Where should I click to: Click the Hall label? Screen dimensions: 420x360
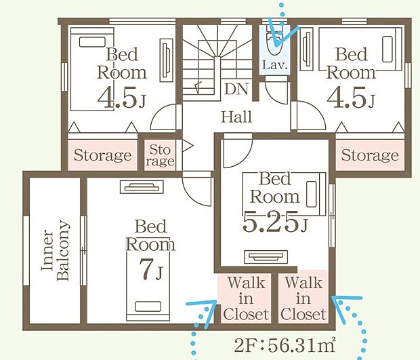tap(236, 117)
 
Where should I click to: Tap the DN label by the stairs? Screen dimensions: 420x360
tap(236, 89)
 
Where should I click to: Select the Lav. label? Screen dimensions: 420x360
tap(275, 65)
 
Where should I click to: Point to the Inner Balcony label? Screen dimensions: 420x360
tap(56, 250)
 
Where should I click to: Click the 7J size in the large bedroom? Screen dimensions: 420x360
tap(151, 270)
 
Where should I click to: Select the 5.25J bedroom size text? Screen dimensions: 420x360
tap(275, 222)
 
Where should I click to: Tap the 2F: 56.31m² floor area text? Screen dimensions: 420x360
tap(285, 346)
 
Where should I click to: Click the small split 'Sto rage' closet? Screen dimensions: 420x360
tap(160, 155)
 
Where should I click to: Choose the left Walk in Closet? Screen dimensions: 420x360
tap(245, 298)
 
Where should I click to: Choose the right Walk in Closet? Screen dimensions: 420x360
tap(303, 298)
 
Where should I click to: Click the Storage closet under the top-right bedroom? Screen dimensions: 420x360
tap(370, 155)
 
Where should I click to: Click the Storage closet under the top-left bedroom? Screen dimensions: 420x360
tap(102, 155)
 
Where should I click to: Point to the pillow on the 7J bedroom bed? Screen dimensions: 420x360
tap(148, 306)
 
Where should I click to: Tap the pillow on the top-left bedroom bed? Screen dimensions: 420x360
tap(92, 42)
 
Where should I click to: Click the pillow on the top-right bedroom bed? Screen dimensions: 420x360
tap(387, 49)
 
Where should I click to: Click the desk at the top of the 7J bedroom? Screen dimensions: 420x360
tap(142, 187)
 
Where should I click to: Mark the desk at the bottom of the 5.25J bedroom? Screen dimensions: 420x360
tap(266, 257)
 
